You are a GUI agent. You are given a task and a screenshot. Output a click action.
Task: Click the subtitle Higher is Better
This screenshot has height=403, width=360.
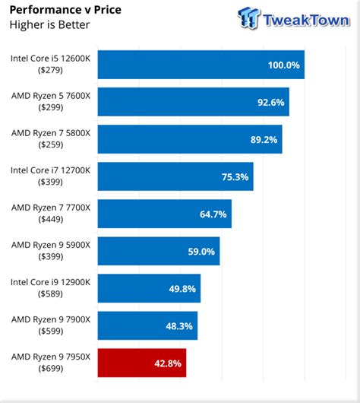tap(49, 25)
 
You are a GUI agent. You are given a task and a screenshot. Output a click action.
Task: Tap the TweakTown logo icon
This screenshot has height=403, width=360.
tap(248, 17)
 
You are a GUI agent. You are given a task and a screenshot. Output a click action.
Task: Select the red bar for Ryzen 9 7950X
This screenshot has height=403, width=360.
tap(142, 363)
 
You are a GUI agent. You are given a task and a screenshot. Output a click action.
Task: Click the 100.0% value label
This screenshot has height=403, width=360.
tap(283, 65)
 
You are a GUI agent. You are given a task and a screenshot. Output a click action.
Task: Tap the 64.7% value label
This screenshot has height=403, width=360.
tap(213, 214)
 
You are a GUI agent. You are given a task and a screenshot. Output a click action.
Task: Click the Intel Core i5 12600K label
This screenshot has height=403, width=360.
tap(51, 58)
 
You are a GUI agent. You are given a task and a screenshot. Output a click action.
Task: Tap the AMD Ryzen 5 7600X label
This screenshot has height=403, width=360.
tap(51, 95)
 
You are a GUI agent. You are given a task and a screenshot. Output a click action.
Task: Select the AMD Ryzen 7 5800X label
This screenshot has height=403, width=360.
tap(51, 132)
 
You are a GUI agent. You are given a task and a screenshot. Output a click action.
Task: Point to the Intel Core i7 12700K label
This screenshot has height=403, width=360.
tap(51, 170)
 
